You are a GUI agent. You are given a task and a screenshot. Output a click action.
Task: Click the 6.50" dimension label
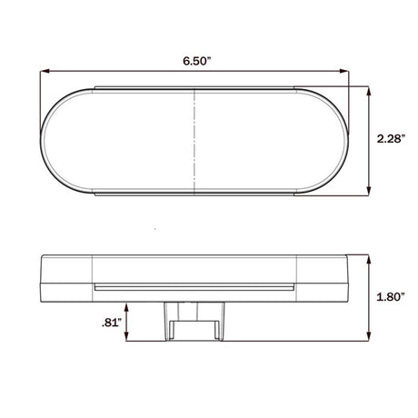(x=196, y=61)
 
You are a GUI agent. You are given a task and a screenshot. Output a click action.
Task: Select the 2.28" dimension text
(x=391, y=139)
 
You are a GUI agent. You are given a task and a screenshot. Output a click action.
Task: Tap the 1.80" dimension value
(x=391, y=297)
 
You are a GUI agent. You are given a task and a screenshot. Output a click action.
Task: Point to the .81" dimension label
(x=112, y=323)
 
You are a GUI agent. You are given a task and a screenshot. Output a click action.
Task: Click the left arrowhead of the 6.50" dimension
(x=45, y=71)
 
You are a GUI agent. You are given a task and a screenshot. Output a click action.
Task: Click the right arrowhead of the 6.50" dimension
(x=344, y=71)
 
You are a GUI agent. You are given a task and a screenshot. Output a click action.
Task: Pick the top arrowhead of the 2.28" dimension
(x=369, y=91)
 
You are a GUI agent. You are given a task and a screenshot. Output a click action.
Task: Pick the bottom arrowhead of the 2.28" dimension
(x=369, y=191)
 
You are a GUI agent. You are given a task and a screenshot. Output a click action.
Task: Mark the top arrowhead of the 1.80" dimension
(x=369, y=259)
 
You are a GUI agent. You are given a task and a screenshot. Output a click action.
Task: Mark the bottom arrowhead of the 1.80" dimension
(x=369, y=336)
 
